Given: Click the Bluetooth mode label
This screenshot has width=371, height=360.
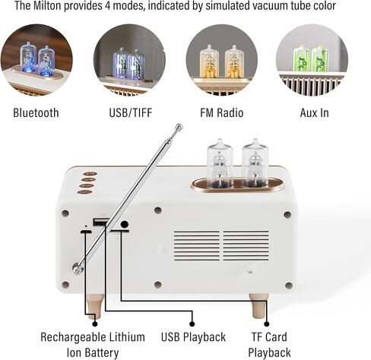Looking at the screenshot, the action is [x=36, y=112].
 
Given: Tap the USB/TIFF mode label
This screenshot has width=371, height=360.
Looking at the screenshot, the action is [x=131, y=112].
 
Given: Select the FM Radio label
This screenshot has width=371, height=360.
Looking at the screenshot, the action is [x=222, y=112].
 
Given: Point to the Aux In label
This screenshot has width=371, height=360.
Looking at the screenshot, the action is [x=315, y=112].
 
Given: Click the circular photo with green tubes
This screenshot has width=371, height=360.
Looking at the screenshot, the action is [x=312, y=60].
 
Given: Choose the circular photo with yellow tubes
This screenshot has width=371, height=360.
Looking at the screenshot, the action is [x=222, y=60].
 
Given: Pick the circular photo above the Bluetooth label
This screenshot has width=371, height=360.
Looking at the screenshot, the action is [x=36, y=60].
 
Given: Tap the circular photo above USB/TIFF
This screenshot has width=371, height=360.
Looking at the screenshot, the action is [x=129, y=60].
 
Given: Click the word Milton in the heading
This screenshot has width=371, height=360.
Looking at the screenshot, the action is [x=47, y=5].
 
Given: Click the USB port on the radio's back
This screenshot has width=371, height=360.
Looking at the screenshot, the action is [x=100, y=222].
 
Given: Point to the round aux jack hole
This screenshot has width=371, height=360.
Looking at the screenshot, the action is [x=125, y=224].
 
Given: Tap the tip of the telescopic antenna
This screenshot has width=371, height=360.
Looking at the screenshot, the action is [x=179, y=126].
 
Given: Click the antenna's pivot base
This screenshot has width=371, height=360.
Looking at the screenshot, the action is [x=77, y=268].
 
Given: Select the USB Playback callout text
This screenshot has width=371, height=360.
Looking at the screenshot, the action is [x=193, y=337].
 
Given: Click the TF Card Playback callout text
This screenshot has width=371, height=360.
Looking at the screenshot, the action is [x=269, y=345].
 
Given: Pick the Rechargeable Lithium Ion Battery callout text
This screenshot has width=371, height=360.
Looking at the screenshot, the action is [x=93, y=345].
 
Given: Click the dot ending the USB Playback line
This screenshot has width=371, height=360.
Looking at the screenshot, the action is [x=192, y=324].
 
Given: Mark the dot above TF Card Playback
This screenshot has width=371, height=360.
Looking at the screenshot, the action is [x=267, y=324].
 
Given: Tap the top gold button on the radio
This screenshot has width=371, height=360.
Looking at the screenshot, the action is [x=90, y=174].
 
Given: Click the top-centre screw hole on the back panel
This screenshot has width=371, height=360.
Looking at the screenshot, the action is [x=158, y=210].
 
